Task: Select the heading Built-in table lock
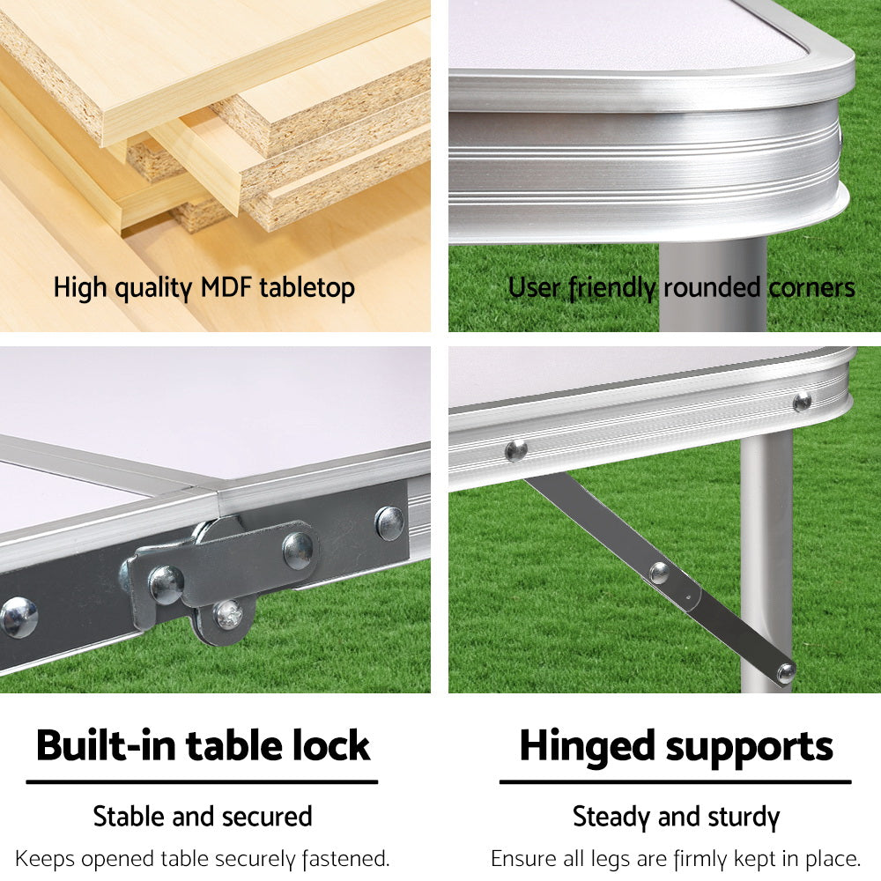coord(203,745)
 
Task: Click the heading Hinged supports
coord(676,745)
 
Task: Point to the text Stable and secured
coord(203,816)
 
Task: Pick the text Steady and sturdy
coord(676,816)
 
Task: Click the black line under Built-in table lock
coord(202,781)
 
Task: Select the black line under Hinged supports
coord(676,781)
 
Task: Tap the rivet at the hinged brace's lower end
coord(785,672)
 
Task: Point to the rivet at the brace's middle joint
coord(658,572)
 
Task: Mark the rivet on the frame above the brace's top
coord(516,450)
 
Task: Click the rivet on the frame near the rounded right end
coord(802,402)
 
